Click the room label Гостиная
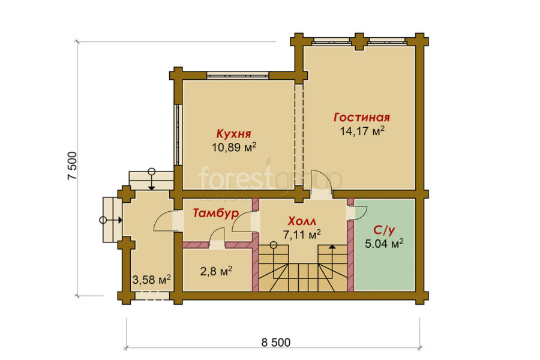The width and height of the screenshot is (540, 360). [x=362, y=118]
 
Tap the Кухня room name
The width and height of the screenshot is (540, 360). [x=233, y=134]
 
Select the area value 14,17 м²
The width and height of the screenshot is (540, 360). [x=362, y=131]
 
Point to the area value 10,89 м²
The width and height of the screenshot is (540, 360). [x=234, y=148]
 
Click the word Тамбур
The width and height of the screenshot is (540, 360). [x=215, y=213]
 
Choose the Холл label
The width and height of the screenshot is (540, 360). [x=302, y=221]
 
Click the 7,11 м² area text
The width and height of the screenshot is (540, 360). [x=302, y=235]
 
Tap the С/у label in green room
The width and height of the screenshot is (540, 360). [x=385, y=230]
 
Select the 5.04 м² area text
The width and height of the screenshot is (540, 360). [x=385, y=244]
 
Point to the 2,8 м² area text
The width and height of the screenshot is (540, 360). [x=216, y=271]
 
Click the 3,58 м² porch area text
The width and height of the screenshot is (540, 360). [x=152, y=280]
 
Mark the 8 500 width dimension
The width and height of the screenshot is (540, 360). [x=276, y=343]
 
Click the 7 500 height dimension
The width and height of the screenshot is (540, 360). [x=73, y=166]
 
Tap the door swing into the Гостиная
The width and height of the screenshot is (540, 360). [x=322, y=180]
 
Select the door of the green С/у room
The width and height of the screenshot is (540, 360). [x=358, y=212]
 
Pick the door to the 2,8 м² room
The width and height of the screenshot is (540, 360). [x=217, y=237]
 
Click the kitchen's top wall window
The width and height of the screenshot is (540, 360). [x=238, y=75]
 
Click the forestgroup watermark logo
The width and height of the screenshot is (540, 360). [x=271, y=180]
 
